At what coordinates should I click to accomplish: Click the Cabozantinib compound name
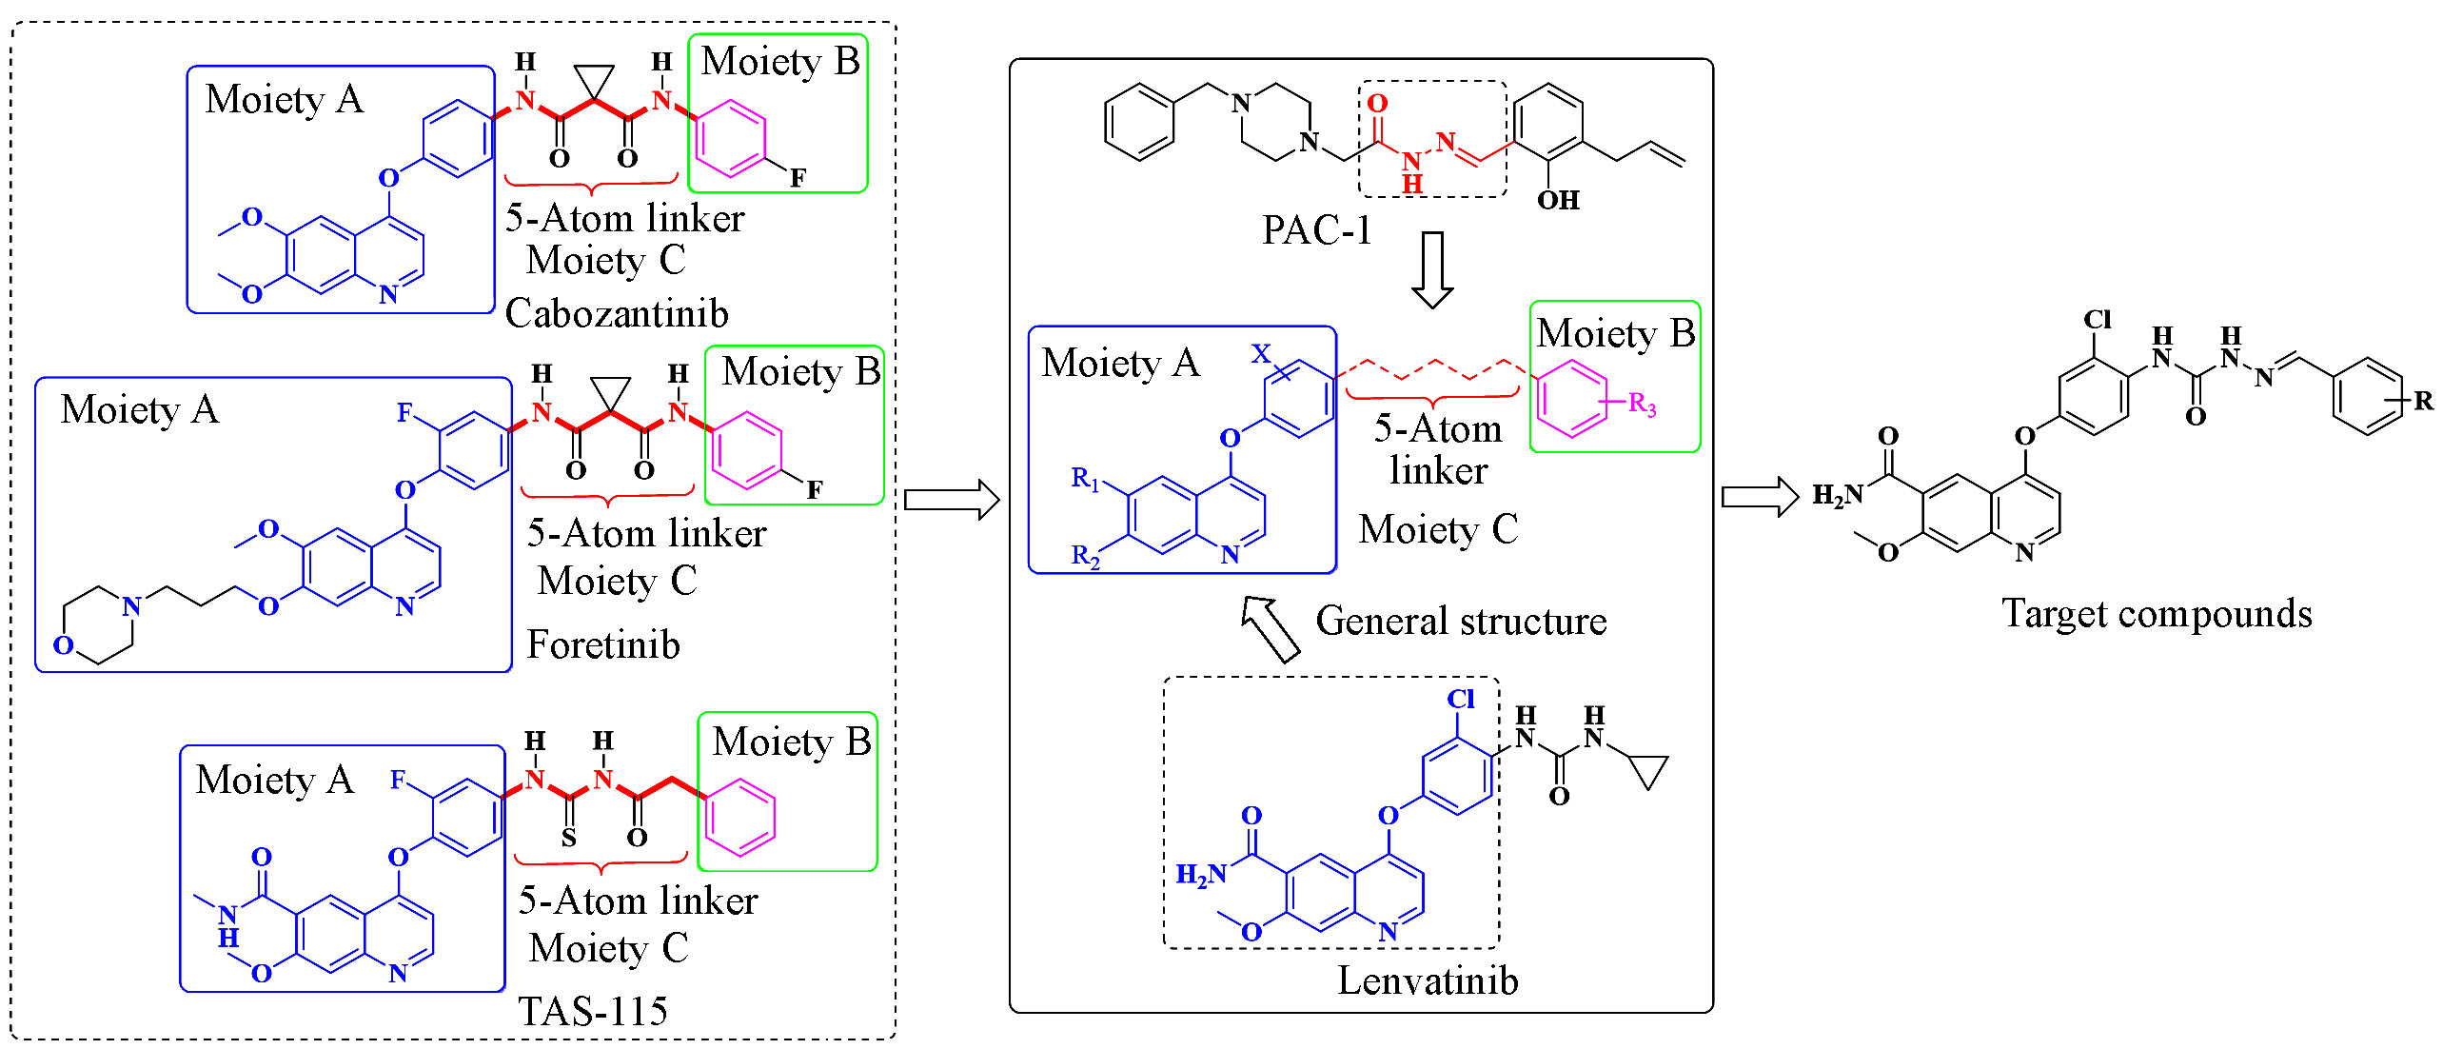click(617, 313)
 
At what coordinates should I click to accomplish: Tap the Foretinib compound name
click(603, 644)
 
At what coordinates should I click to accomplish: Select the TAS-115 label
click(592, 1011)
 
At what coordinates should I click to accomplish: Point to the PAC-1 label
click(1316, 229)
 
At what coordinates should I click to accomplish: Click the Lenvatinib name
click(1428, 980)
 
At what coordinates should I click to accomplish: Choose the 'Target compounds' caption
click(2157, 614)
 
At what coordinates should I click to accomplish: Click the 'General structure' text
click(1461, 621)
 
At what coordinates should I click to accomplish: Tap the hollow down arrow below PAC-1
click(1431, 270)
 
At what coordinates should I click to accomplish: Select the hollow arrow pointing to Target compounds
click(1760, 497)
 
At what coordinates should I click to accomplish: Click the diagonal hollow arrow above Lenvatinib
click(1271, 627)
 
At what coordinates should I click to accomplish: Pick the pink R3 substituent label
click(1642, 404)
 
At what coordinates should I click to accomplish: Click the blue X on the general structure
click(1261, 354)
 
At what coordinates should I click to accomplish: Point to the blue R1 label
click(1085, 478)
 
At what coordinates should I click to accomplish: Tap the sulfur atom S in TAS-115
click(568, 838)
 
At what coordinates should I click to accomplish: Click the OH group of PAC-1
click(1558, 200)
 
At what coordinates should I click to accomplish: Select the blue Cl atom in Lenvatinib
click(1460, 699)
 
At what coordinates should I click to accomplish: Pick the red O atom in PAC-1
click(1377, 103)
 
